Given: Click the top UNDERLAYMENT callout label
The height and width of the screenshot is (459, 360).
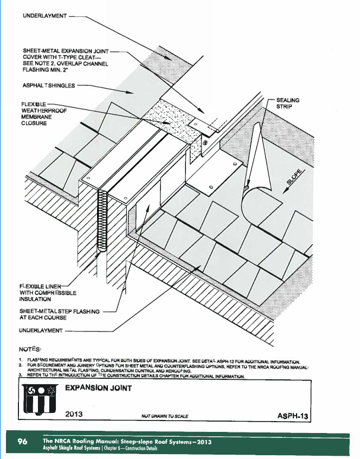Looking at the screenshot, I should coord(44,16).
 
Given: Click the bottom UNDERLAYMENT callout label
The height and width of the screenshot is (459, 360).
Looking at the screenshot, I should coord(41,330).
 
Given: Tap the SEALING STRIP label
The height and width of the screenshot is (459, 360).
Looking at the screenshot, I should coord(287,104).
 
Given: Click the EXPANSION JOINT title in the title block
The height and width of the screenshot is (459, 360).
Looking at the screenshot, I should coord(98,388).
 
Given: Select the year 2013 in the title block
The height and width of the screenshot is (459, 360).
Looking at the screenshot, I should coord(74,415).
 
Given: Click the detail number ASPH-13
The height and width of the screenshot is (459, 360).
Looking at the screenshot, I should coord(292,416).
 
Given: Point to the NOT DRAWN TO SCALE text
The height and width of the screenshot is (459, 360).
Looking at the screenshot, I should coord(164,416).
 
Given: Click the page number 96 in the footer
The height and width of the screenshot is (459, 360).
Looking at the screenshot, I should coord(22,442).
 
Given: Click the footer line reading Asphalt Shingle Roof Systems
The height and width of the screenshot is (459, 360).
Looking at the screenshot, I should coord(101,449).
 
